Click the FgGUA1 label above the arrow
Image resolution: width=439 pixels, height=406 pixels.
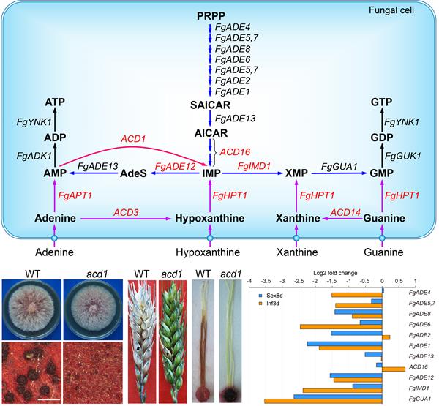pos(337,167)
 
